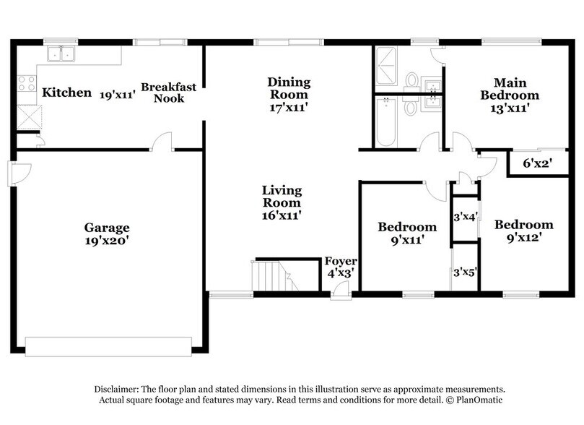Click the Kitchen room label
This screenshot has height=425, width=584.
click(66, 93)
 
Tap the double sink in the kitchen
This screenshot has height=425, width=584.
click(62, 54)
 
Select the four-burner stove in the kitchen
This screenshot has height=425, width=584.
click(27, 84)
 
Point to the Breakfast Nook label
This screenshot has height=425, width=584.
click(168, 93)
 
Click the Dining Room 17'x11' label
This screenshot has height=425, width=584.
click(288, 94)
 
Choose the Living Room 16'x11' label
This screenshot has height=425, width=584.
click(282, 202)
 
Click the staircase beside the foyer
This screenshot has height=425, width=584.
click(274, 276)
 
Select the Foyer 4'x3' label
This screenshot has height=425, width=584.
click(339, 267)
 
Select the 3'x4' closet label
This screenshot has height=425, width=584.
click(465, 217)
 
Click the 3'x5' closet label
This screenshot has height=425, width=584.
click(465, 272)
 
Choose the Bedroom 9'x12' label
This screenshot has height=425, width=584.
click(523, 230)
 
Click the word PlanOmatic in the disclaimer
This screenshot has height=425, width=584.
click(476, 400)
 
